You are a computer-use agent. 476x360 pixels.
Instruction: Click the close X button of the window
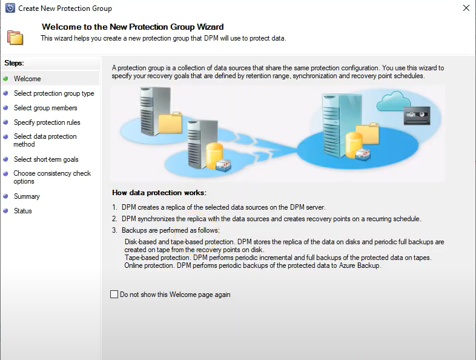(x=466, y=8)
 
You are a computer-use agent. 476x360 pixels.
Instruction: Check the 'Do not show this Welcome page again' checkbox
(x=114, y=295)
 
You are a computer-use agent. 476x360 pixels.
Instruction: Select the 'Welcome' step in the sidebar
(x=27, y=79)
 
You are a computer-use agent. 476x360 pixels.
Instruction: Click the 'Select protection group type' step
(x=54, y=93)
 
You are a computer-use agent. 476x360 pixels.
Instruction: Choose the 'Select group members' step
(x=45, y=108)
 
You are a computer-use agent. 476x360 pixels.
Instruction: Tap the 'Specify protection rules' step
(x=47, y=122)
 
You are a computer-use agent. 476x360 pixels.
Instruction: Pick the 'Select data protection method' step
(x=45, y=141)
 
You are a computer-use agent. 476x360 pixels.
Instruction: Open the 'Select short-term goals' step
(x=46, y=159)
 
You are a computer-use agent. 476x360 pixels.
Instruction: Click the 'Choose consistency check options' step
(x=52, y=177)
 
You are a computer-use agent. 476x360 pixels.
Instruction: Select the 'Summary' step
(x=27, y=196)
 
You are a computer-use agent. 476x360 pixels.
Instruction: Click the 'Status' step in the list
(x=23, y=211)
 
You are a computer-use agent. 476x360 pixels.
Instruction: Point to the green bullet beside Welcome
(x=6, y=79)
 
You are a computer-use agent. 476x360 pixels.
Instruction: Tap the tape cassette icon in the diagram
(x=417, y=113)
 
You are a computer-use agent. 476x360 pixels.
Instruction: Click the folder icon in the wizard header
(x=15, y=36)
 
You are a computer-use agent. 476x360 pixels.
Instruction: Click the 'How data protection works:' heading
(x=159, y=193)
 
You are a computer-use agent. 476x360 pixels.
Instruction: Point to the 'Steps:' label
(x=14, y=63)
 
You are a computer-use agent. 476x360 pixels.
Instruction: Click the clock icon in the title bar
(x=10, y=8)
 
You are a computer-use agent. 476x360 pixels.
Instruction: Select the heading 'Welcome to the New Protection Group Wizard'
(x=132, y=27)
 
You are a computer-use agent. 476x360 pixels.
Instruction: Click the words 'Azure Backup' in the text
(x=361, y=265)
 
